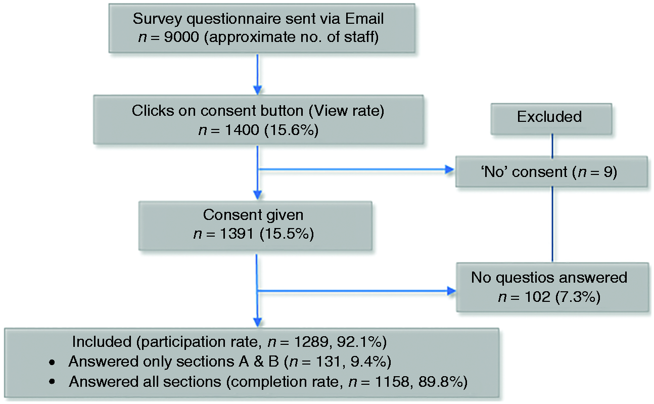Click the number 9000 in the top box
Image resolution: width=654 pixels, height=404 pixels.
pyautogui.click(x=181, y=37)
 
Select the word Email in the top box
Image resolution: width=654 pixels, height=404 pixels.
pyautogui.click(x=364, y=19)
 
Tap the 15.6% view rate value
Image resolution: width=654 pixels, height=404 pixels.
pyautogui.click(x=292, y=130)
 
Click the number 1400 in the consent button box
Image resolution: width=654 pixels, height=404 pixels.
pyautogui.click(x=242, y=130)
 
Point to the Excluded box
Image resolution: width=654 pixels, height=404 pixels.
pyautogui.click(x=551, y=119)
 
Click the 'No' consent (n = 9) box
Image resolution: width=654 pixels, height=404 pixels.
pyautogui.click(x=551, y=171)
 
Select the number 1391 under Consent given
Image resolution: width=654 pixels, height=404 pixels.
pyautogui.click(x=237, y=234)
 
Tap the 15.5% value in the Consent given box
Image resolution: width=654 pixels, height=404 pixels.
pyautogui.click(x=287, y=234)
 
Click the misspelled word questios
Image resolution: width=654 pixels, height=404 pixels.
pyautogui.click(x=527, y=278)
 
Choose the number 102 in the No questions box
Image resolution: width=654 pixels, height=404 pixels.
pyautogui.click(x=538, y=297)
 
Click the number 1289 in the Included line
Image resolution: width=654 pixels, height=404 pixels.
pyautogui.click(x=312, y=342)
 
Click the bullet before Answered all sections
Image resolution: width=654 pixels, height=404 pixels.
pyautogui.click(x=52, y=382)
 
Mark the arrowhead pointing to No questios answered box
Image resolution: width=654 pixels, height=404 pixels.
pyautogui.click(x=451, y=291)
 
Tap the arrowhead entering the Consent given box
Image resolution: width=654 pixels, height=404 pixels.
pyautogui.click(x=257, y=195)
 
